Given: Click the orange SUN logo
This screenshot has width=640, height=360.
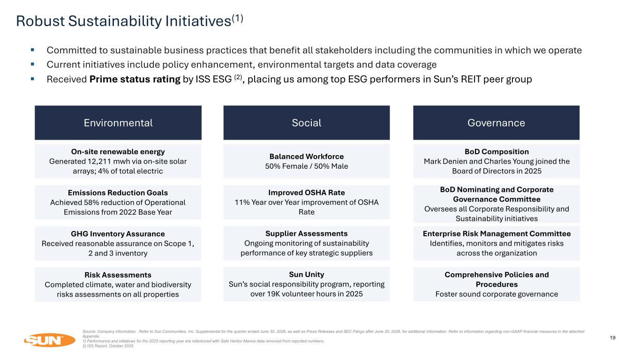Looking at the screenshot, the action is [x=49, y=340].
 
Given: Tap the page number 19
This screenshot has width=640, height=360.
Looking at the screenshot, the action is [x=612, y=337].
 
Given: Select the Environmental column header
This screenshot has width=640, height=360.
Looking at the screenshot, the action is [x=118, y=122].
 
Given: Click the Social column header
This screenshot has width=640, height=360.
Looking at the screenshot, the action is [x=307, y=122].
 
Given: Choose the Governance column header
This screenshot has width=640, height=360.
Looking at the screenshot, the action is [x=496, y=122].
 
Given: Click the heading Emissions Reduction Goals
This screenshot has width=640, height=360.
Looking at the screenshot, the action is [x=118, y=193].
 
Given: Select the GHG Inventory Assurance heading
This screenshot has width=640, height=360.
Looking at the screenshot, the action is [x=118, y=234].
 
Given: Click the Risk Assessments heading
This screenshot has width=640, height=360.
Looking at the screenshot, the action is [x=118, y=275].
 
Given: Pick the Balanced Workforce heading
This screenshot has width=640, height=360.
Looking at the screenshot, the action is [x=307, y=157].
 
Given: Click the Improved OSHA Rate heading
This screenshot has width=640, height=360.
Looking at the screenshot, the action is [x=307, y=193].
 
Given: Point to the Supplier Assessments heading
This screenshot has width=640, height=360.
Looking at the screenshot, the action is [x=307, y=233].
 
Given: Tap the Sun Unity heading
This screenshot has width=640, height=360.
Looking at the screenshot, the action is [x=307, y=274].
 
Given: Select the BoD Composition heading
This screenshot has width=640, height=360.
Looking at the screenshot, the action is [x=497, y=152].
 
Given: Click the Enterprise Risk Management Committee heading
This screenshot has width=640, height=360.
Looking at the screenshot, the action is [x=497, y=234].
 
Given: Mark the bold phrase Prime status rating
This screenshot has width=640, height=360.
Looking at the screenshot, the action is [x=135, y=79].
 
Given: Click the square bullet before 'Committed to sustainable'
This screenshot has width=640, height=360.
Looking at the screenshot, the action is [x=32, y=50].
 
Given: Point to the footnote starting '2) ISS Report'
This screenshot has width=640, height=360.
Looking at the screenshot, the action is [x=108, y=346].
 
